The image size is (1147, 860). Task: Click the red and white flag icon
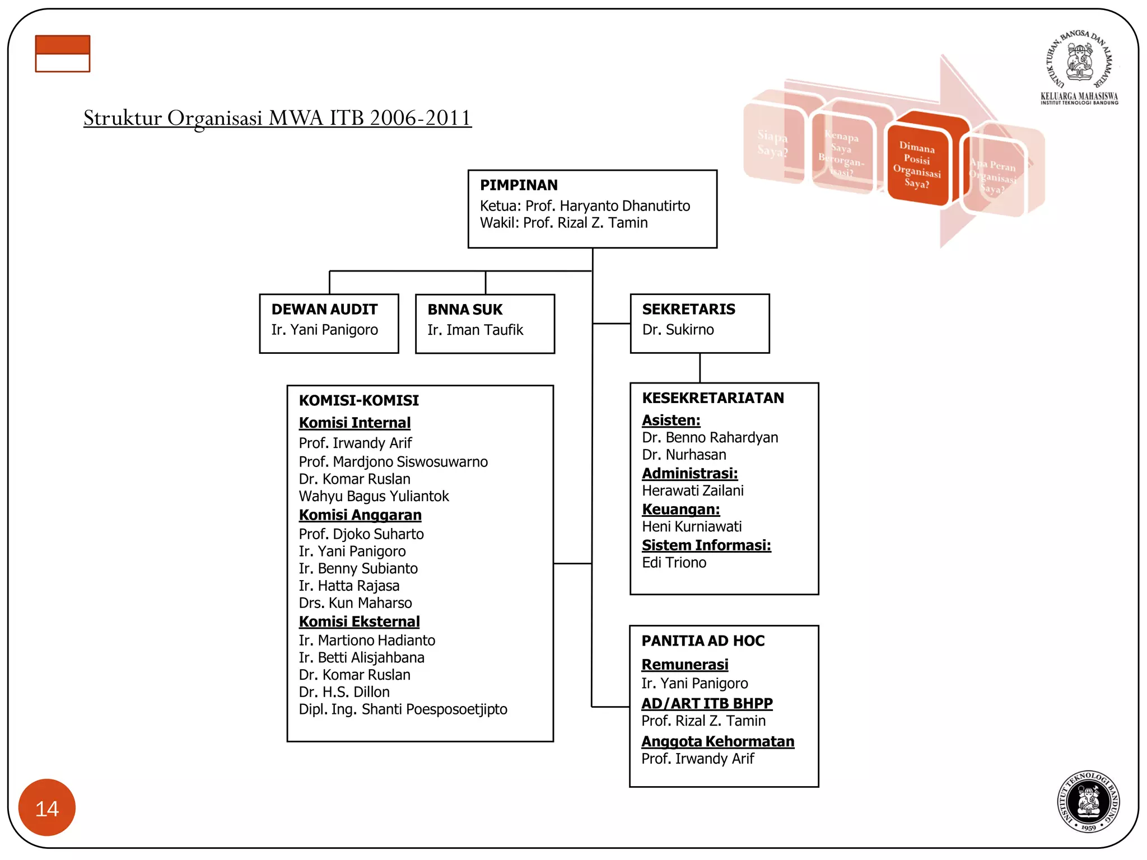(62, 54)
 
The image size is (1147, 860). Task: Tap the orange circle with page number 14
(47, 807)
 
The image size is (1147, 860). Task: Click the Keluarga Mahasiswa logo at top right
(1079, 67)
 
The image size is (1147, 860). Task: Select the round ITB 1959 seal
(1088, 801)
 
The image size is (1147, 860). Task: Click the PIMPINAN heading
(519, 185)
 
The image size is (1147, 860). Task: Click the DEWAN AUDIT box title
(324, 310)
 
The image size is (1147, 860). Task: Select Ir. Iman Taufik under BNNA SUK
(475, 330)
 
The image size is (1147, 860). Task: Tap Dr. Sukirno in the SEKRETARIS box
(678, 330)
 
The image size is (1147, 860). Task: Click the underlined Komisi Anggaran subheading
(360, 515)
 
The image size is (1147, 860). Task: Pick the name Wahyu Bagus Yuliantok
(374, 497)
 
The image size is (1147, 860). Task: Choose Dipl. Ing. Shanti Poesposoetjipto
(403, 709)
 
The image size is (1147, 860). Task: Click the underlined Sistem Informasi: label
(706, 545)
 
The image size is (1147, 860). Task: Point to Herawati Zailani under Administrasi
(693, 491)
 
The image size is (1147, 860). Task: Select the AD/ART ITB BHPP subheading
(707, 703)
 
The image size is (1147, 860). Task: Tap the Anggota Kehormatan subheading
(717, 741)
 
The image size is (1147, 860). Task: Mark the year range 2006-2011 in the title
(420, 118)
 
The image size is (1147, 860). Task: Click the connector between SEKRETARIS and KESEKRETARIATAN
(700, 368)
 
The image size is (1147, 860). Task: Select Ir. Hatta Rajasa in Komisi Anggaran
(349, 586)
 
